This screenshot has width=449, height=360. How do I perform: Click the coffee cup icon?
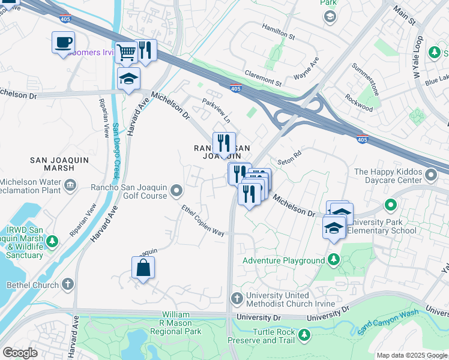click(x=63, y=43)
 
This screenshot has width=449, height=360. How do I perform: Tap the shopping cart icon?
click(x=126, y=52)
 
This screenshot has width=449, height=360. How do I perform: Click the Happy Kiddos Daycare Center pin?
click(x=430, y=176)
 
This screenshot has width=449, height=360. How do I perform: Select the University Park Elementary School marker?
click(x=391, y=206)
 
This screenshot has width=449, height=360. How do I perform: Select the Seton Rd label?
click(x=289, y=162)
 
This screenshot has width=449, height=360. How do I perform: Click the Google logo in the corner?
click(x=20, y=353)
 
